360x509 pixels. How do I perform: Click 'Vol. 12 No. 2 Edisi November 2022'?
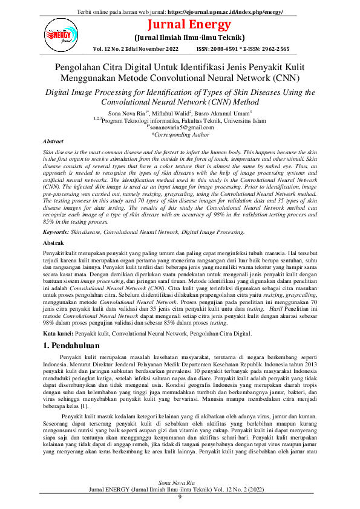136,48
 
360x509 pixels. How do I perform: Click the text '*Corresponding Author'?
180,135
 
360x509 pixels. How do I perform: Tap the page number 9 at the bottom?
180,496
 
